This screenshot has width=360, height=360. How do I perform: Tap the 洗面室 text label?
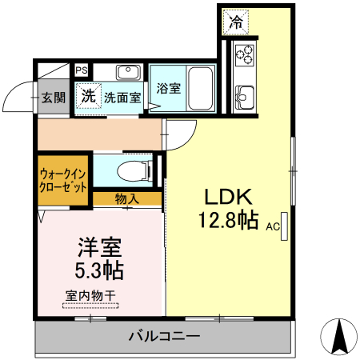tap(122, 96)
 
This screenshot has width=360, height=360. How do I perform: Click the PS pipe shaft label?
tap(82, 70)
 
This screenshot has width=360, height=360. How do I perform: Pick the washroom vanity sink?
tap(128, 73)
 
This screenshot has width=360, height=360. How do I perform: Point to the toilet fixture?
tap(133, 170)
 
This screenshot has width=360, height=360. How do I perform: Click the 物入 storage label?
tap(126, 198)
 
